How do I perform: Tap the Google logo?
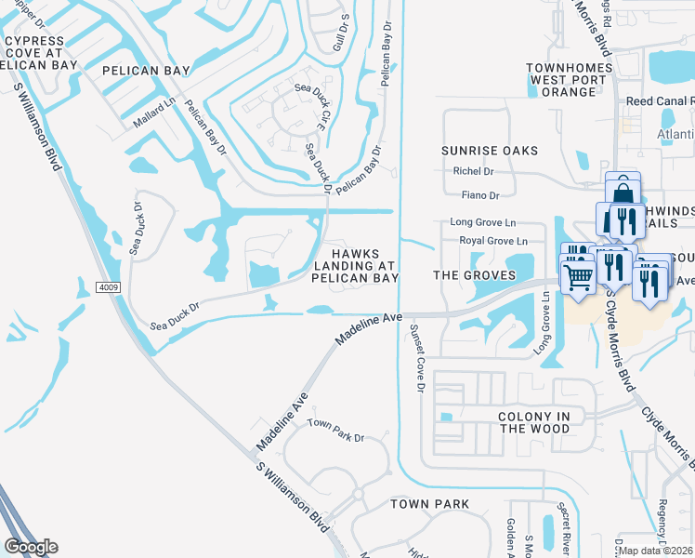tap(31, 547)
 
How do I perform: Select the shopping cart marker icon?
tap(579, 276)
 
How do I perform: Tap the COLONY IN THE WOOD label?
tap(534, 422)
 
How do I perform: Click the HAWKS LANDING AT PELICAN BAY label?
tap(355, 265)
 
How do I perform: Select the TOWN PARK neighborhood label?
tap(428, 504)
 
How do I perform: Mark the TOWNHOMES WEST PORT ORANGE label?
tap(570, 80)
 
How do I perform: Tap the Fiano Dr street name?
tap(480, 195)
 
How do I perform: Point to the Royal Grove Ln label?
tap(493, 241)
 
